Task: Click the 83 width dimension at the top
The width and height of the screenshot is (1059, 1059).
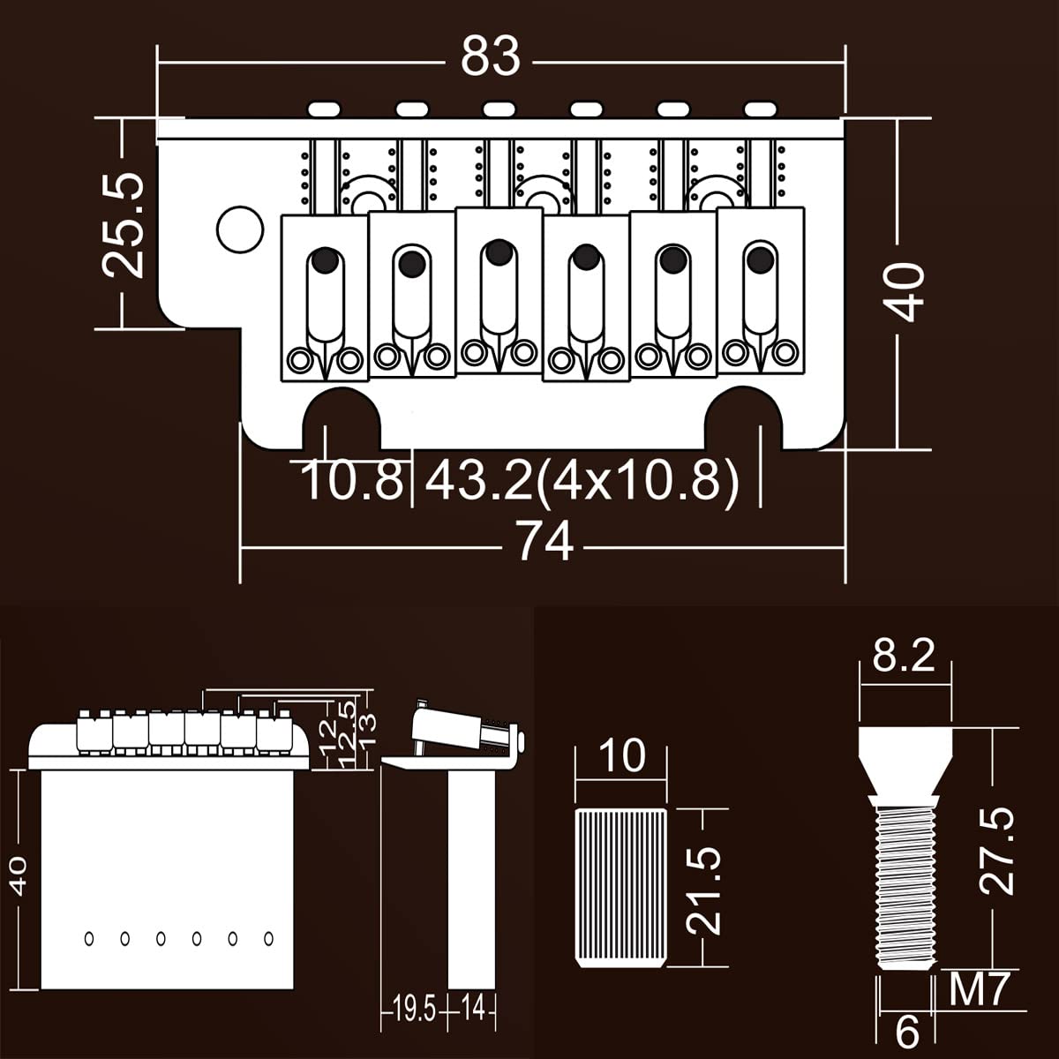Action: click(490, 57)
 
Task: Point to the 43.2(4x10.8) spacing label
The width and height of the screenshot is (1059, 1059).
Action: click(582, 481)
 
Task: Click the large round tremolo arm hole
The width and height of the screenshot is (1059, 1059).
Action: click(240, 229)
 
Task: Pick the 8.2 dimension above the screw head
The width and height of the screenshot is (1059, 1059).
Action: click(904, 657)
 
